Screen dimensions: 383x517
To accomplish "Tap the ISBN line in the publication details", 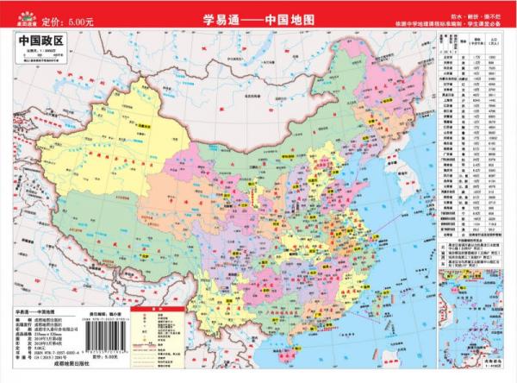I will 52,354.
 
